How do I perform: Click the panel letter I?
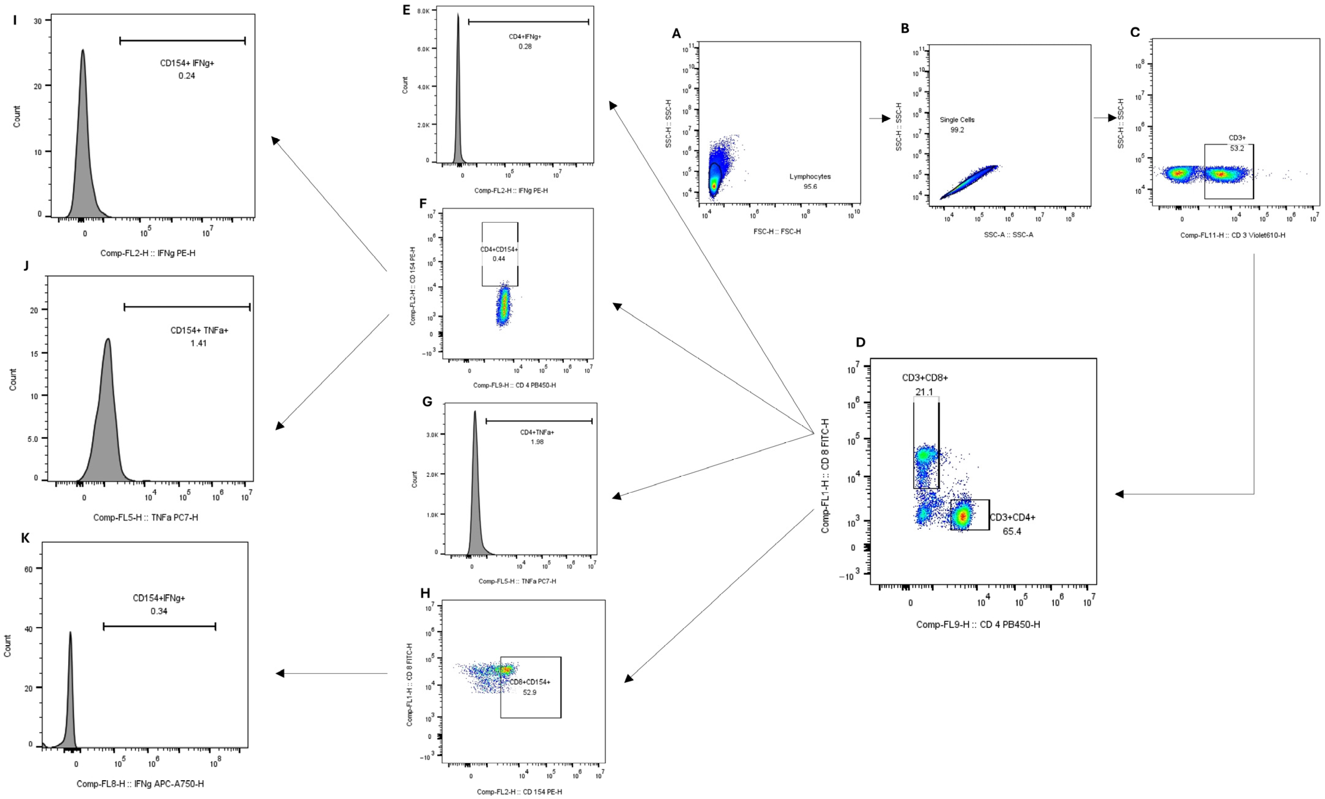click(14, 21)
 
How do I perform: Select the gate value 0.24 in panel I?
click(187, 76)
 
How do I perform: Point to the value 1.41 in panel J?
click(198, 343)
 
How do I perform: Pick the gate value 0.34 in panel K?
click(159, 611)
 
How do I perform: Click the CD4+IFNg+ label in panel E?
click(525, 37)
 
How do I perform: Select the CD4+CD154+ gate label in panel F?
click(499, 250)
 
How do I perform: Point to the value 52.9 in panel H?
click(530, 692)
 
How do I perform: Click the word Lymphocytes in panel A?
click(810, 177)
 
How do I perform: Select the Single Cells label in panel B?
click(957, 120)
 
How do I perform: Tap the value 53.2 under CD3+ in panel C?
click(1237, 149)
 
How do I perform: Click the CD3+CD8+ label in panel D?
click(925, 378)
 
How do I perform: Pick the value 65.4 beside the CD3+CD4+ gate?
click(1012, 532)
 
